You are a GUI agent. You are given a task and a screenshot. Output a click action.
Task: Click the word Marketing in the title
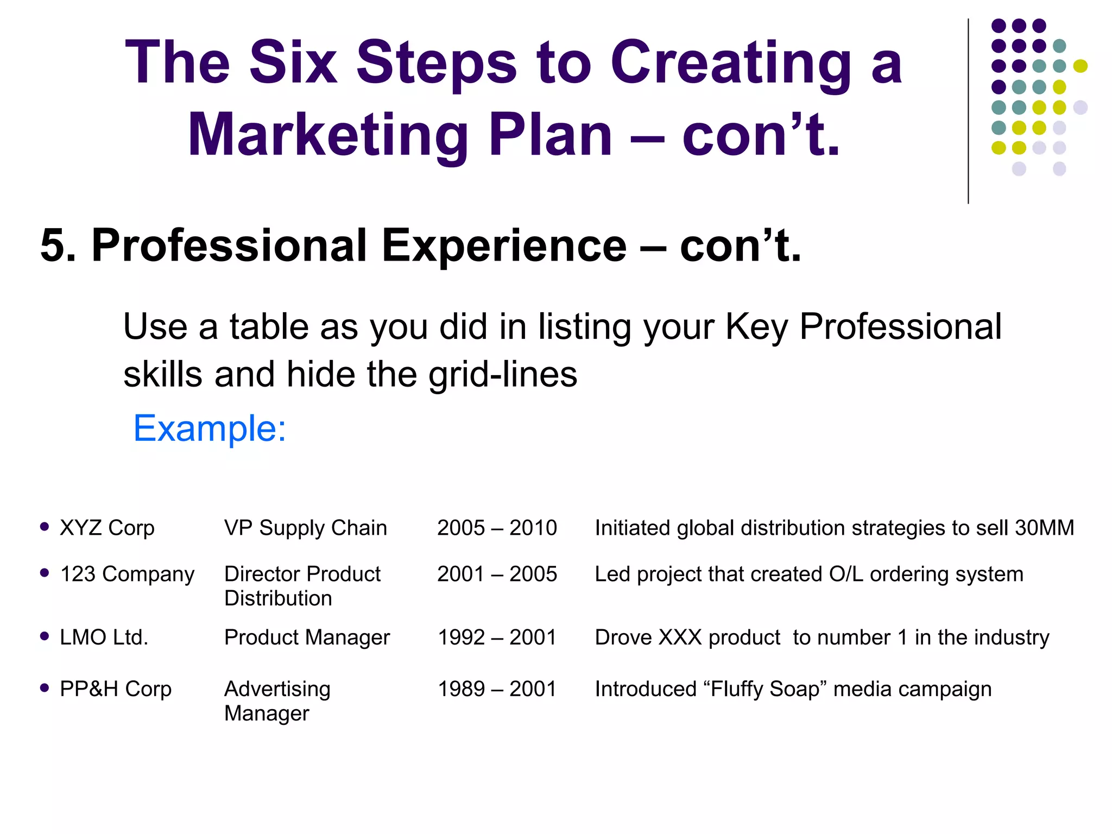(x=328, y=135)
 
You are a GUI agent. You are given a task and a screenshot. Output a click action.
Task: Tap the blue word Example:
(x=210, y=428)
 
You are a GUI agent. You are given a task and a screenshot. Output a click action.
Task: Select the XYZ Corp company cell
(x=107, y=528)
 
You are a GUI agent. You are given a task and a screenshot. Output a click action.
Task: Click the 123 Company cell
(x=127, y=574)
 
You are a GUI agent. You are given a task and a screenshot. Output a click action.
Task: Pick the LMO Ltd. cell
(x=104, y=637)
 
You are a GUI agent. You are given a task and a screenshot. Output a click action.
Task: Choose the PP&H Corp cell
(x=116, y=689)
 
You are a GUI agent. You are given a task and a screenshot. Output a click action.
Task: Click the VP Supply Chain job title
(x=306, y=528)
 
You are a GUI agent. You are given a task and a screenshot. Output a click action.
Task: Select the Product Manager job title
(x=307, y=637)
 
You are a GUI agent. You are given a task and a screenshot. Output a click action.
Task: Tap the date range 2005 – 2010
(x=497, y=528)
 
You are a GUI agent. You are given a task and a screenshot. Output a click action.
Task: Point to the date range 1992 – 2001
(x=497, y=637)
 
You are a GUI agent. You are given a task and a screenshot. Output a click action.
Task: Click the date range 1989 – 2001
(x=497, y=689)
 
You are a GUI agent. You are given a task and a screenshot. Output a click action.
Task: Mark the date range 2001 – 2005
(x=497, y=574)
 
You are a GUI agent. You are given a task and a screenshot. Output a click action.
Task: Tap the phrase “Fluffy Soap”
(x=764, y=689)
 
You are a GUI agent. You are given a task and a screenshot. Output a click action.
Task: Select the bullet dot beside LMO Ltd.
(x=45, y=636)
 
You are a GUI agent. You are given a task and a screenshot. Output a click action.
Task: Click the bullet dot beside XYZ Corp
(x=45, y=526)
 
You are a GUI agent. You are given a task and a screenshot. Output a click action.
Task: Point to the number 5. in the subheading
(x=58, y=245)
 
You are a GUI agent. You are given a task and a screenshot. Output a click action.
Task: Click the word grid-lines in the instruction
(x=503, y=375)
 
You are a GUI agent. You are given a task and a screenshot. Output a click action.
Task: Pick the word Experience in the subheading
(x=504, y=245)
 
